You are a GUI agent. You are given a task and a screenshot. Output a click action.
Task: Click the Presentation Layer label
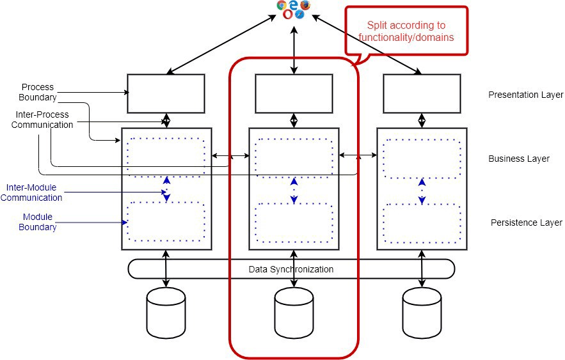click(x=525, y=95)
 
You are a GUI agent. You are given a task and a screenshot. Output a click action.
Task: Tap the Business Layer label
click(x=518, y=159)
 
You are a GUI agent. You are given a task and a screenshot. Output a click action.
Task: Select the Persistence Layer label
click(x=526, y=223)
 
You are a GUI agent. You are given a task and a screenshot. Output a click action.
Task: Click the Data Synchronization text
click(x=291, y=269)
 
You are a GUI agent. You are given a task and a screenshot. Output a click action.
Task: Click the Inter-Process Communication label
click(x=42, y=120)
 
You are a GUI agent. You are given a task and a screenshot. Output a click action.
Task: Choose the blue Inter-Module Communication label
click(x=35, y=192)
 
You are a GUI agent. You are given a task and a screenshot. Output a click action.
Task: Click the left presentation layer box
click(x=166, y=93)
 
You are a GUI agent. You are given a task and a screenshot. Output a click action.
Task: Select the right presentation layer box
click(x=422, y=93)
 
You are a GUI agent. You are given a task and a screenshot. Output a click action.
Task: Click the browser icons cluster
click(x=294, y=9)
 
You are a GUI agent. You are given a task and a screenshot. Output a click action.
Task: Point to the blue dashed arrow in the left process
click(x=166, y=189)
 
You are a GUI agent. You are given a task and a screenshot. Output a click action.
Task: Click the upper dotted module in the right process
click(x=422, y=157)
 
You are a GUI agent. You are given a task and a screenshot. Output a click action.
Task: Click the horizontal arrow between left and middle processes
click(x=230, y=155)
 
